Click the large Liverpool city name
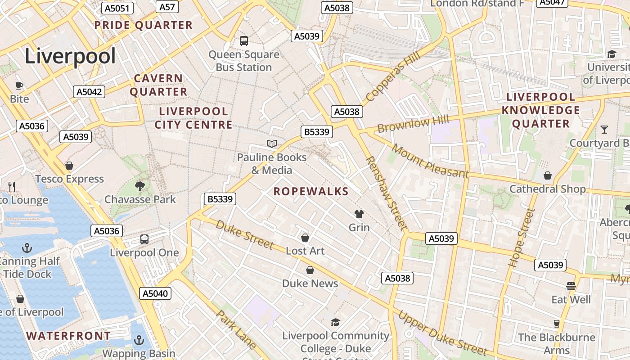pyautogui.click(x=70, y=56)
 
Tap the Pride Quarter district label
pyautogui.click(x=143, y=25)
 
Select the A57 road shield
pyautogui.click(x=167, y=7)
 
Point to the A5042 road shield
pyautogui.click(x=89, y=92)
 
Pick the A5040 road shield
pyautogui.click(x=155, y=294)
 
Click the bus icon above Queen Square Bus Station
pyautogui.click(x=244, y=41)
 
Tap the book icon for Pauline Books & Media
pyautogui.click(x=272, y=144)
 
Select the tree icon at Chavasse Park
pyautogui.click(x=140, y=186)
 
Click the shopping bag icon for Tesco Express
pyautogui.click(x=69, y=166)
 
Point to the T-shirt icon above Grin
pyautogui.click(x=359, y=214)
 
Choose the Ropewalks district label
pyautogui.click(x=311, y=192)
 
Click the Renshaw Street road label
pyautogui.click(x=386, y=193)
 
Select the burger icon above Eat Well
pyautogui.click(x=571, y=286)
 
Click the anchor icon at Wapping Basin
pyautogui.click(x=139, y=340)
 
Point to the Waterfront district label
pyautogui.click(x=68, y=336)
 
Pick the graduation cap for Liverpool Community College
pyautogui.click(x=335, y=322)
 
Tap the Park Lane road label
pyautogui.click(x=236, y=330)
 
